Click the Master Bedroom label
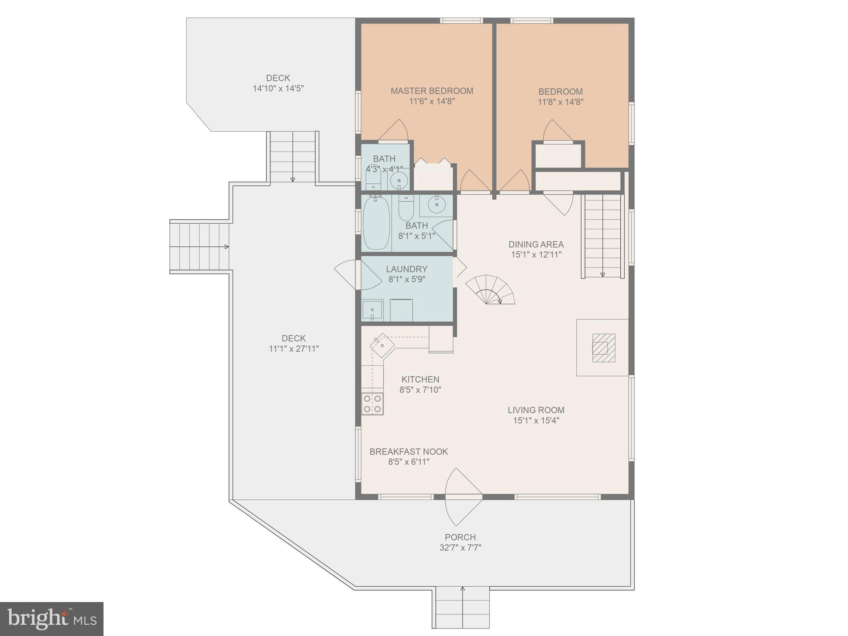tap(432, 91)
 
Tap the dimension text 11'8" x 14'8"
tap(560, 102)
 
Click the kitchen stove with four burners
tap(372, 404)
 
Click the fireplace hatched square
tap(603, 348)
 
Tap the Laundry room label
tap(407, 269)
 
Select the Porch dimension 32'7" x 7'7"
tap(460, 547)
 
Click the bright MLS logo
tap(52, 619)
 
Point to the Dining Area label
tap(536, 244)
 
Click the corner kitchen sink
tap(382, 345)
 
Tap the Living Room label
tap(536, 410)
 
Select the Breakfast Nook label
tap(409, 451)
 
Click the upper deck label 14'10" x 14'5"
tap(278, 88)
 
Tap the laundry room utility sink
tap(372, 310)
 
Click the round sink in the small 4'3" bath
tap(399, 180)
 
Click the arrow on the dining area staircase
tap(602, 274)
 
